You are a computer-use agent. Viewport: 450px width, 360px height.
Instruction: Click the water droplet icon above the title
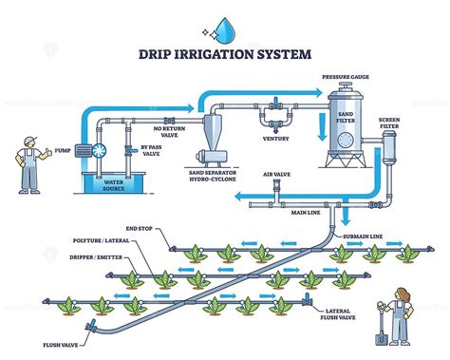tap(225, 28)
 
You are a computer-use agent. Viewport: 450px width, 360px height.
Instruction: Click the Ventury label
tap(275, 139)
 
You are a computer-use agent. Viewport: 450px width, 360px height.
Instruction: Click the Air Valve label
tap(276, 175)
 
